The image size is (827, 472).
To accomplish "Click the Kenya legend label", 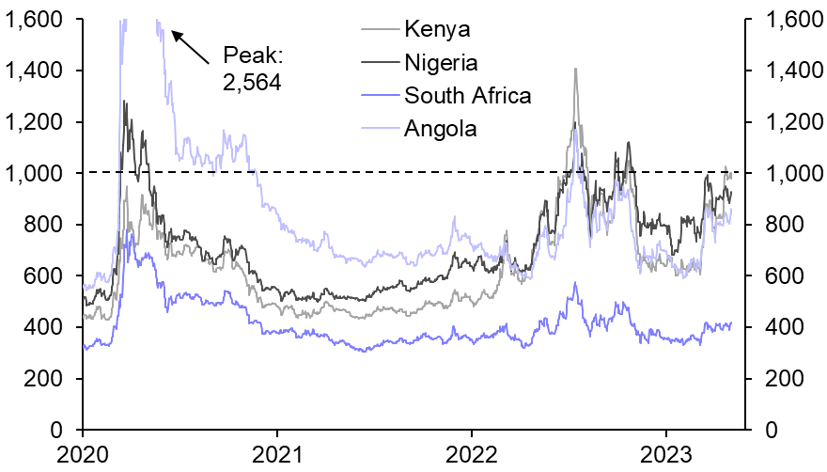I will click(437, 28).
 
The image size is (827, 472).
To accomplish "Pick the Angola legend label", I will click(440, 128).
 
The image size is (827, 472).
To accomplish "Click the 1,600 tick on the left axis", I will click(35, 20).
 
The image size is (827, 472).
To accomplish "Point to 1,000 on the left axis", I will click(35, 174).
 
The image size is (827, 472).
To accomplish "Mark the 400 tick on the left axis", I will click(43, 327).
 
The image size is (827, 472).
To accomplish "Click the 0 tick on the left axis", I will click(62, 430).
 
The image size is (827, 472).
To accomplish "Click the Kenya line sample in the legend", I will click(378, 28).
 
